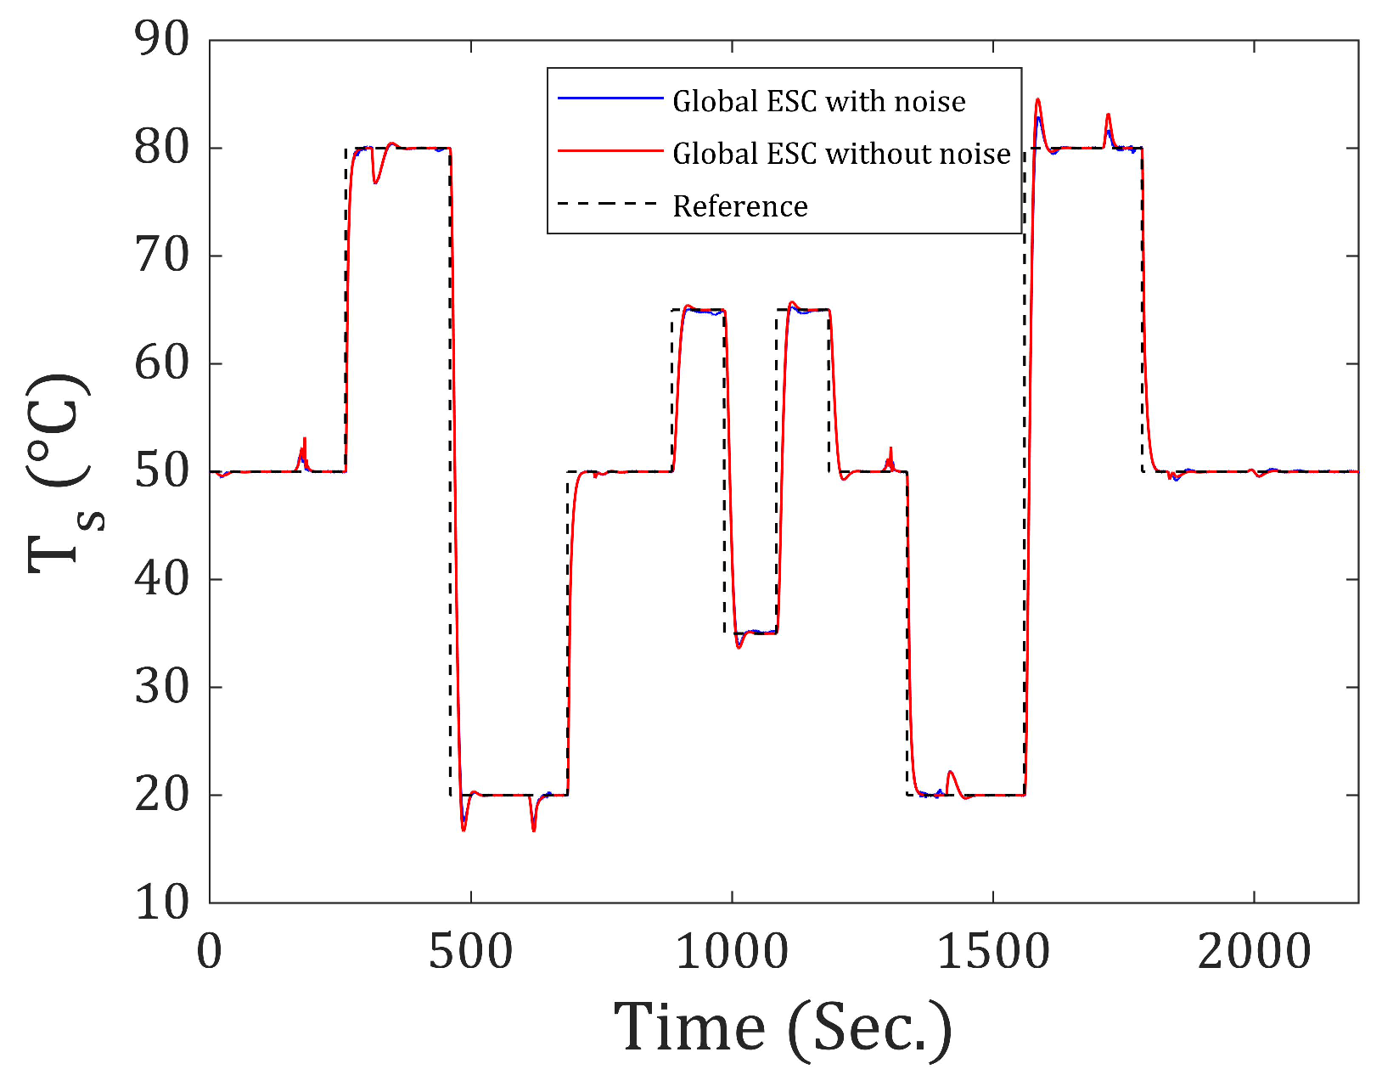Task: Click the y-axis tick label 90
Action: pos(161,39)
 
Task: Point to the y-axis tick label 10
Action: pos(161,902)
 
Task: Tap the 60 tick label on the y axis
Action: pos(161,363)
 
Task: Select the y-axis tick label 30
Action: pos(161,687)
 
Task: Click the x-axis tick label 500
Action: pos(470,952)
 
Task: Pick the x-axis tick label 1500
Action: pos(992,952)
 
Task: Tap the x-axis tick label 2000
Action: pos(1254,952)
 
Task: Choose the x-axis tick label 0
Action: pos(210,952)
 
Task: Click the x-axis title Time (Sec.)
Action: pos(783,1027)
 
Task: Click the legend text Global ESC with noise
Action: pos(818,102)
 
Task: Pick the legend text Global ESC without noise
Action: pos(841,154)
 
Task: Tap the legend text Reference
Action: pos(739,206)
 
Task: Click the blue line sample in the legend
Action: pos(610,99)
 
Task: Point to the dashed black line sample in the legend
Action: pos(610,204)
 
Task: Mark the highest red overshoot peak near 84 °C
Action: pos(1037,100)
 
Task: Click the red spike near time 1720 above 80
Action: pos(1108,115)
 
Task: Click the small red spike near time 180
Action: pos(304,440)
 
